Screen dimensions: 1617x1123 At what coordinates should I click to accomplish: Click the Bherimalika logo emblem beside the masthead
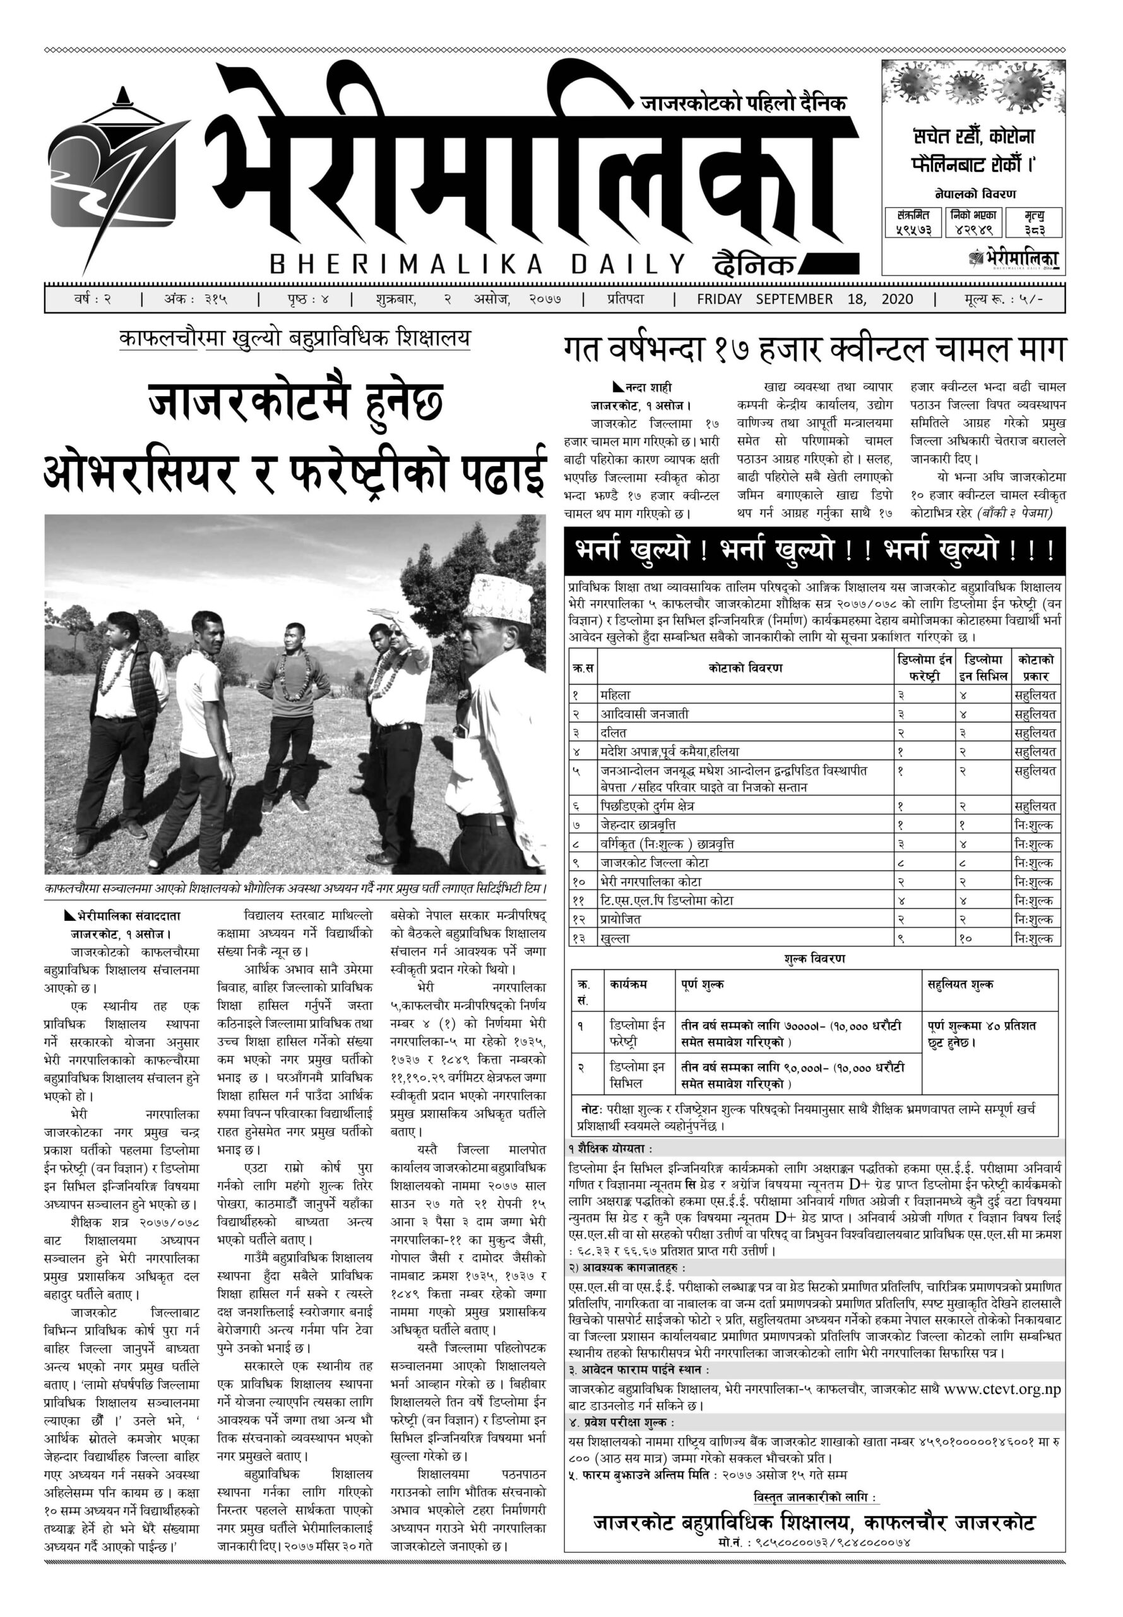116,176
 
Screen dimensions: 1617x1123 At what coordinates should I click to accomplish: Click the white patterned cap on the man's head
502,598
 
